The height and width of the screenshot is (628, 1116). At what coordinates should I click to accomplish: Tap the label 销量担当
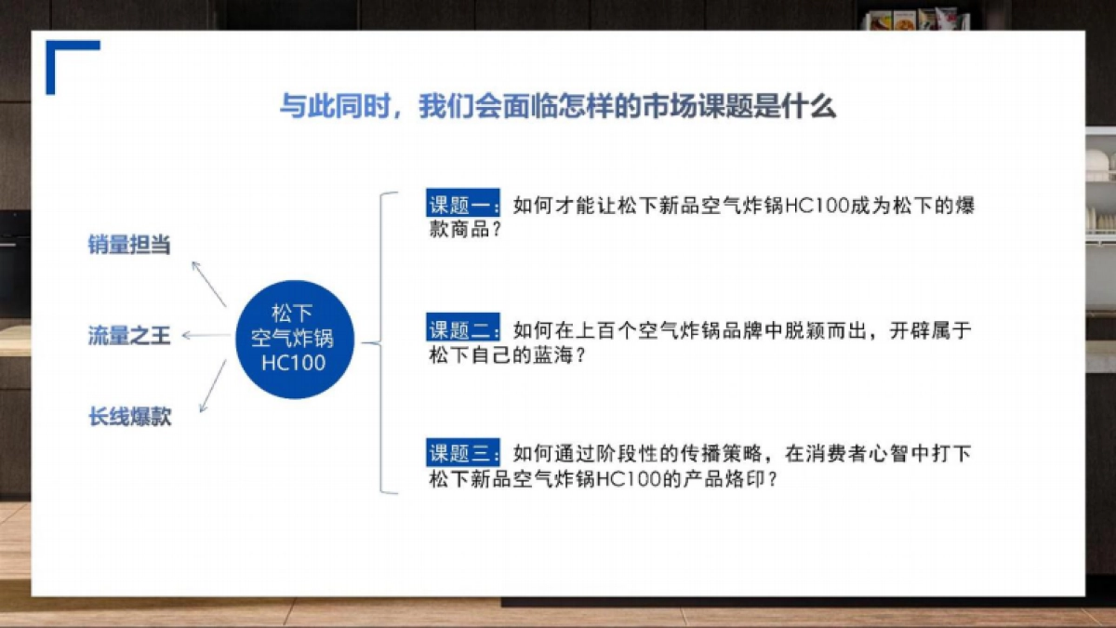coord(129,246)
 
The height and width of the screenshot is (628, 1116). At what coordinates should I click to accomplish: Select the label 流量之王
coord(129,336)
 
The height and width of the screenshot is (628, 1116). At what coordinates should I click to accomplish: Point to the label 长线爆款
coord(129,417)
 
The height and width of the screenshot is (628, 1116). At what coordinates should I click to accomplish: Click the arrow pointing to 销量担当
coord(208,283)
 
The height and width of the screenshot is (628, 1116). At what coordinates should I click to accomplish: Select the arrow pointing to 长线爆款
coord(212,385)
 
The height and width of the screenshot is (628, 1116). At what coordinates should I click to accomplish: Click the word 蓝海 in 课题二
coord(545,354)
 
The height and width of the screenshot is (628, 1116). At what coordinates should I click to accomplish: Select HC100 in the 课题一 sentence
coord(818,207)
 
